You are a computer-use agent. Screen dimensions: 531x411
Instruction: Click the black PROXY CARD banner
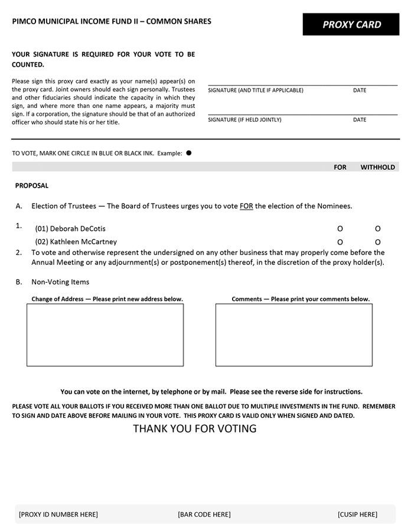point(351,25)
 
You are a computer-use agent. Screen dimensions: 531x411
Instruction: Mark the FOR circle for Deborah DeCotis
point(340,229)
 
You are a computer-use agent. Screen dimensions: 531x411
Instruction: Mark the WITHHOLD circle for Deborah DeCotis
point(378,229)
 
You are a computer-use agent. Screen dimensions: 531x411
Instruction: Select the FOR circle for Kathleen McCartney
point(340,242)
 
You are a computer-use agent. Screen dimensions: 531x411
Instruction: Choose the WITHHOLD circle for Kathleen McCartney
point(378,242)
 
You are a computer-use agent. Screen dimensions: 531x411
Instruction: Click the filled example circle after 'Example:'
point(189,153)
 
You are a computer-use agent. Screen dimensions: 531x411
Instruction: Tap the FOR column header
point(340,167)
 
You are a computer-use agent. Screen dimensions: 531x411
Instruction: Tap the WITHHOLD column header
point(378,167)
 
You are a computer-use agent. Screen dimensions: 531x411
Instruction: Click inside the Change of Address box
point(105,335)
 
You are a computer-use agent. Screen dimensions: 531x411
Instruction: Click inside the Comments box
point(293,335)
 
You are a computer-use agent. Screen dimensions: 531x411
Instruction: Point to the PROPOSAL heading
point(32,186)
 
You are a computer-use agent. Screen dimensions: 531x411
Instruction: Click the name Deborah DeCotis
point(70,229)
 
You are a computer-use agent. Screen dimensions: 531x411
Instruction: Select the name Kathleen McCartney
point(76,242)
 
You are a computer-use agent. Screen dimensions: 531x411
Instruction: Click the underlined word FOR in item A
point(246,206)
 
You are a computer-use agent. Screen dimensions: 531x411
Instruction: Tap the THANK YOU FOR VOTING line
point(195,429)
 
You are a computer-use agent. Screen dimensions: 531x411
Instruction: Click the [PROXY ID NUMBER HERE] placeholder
point(58,514)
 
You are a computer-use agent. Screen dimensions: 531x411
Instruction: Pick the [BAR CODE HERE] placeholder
point(204,514)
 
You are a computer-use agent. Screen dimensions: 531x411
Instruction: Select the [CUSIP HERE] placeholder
point(357,514)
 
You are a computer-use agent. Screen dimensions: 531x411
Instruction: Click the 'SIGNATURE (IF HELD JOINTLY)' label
point(244,120)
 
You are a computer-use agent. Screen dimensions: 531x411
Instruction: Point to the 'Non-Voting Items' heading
point(60,282)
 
